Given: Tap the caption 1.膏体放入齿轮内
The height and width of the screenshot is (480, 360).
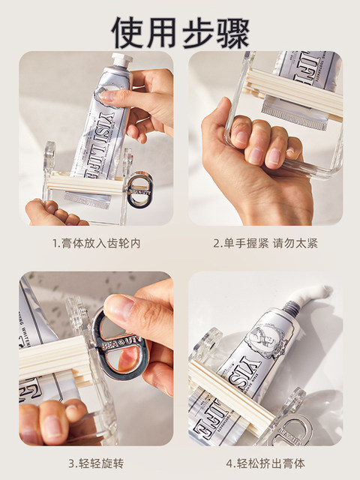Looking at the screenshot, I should (x=96, y=243).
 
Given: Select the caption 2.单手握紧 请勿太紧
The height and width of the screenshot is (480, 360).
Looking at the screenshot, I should (x=265, y=243).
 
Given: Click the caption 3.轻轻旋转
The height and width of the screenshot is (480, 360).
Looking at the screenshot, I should (x=95, y=463).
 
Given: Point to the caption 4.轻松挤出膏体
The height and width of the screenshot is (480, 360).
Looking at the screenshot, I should (x=265, y=463).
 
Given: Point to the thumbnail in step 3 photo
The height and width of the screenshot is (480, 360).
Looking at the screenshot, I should (x=120, y=310).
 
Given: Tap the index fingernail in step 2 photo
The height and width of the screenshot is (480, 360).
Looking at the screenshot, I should (x=240, y=136).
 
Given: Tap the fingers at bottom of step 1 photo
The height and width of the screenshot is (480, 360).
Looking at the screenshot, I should (x=52, y=214).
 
